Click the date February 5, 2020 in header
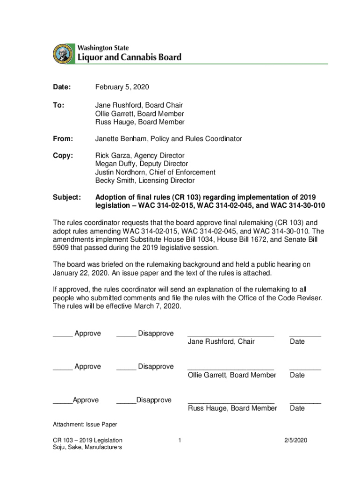tap(122, 87)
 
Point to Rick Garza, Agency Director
tap(140, 155)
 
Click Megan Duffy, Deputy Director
tap(142, 164)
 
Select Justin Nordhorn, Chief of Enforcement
tap(155, 172)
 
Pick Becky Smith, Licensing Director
tap(145, 181)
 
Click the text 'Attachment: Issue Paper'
tap(85, 425)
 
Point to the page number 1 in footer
tap(180, 440)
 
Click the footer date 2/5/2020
tap(295, 440)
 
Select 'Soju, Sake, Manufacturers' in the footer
tap(87, 448)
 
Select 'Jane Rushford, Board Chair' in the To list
tap(139, 105)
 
